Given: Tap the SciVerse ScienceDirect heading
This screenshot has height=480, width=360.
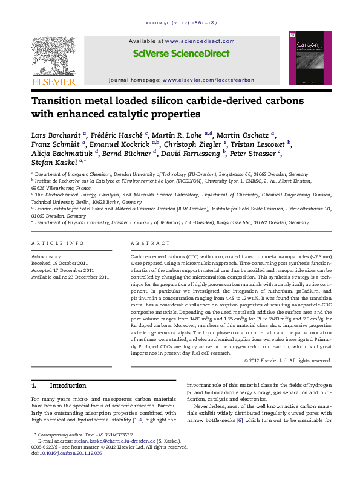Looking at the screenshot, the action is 182,53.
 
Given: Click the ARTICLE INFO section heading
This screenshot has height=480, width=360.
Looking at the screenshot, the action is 58,243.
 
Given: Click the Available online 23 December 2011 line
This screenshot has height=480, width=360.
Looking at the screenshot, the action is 70,277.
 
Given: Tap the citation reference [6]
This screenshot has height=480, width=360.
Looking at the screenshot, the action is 240,419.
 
